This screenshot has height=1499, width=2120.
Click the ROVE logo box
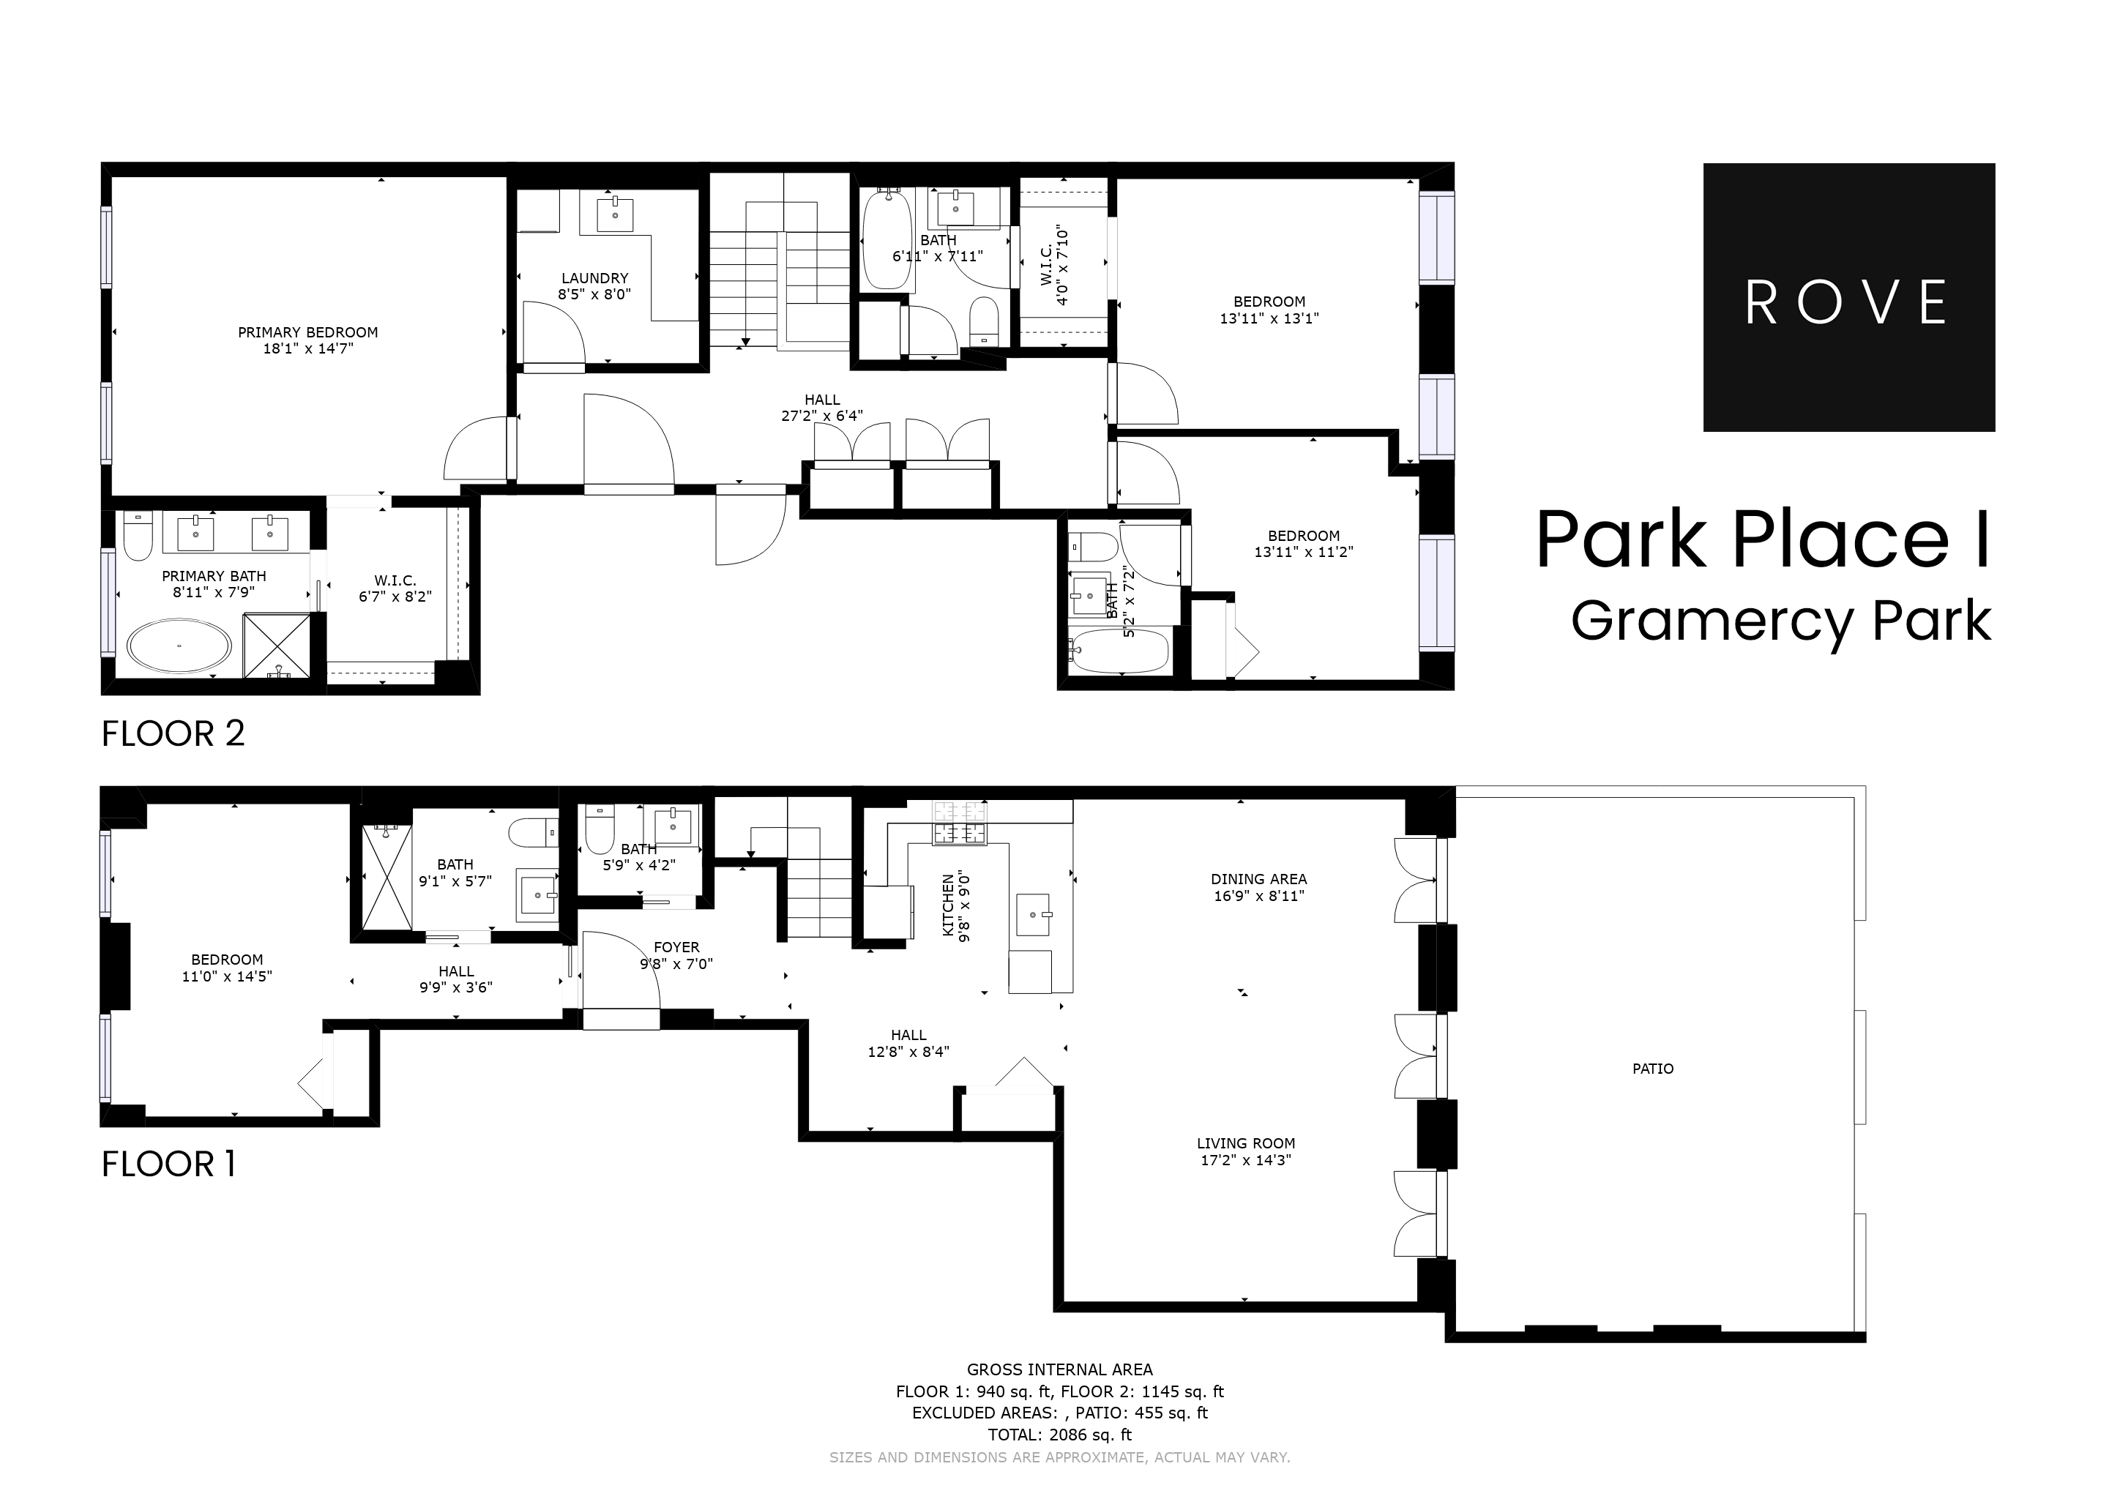[x=1848, y=297]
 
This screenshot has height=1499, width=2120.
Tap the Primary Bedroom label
[x=307, y=333]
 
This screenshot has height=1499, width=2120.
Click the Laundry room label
[x=594, y=278]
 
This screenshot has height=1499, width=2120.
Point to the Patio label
[x=1653, y=1069]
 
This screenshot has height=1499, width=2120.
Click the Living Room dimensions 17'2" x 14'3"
[x=1246, y=1160]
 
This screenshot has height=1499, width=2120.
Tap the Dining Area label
[x=1258, y=879]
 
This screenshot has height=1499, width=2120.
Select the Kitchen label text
[x=948, y=905]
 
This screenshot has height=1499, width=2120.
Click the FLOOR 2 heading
[x=173, y=734]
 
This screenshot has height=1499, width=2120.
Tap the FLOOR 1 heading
[x=168, y=1164]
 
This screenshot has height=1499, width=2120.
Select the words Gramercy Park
[x=1780, y=621]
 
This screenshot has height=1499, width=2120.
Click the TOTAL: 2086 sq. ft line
[x=1059, y=1435]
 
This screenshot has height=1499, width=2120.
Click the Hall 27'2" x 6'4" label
[x=822, y=408]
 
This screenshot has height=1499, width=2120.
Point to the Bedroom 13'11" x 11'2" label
[x=1303, y=544]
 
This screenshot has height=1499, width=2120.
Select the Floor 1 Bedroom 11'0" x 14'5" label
[x=227, y=968]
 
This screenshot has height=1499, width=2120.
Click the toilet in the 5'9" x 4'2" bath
[x=600, y=830]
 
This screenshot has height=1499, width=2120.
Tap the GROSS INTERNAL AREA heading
[x=1059, y=1369]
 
